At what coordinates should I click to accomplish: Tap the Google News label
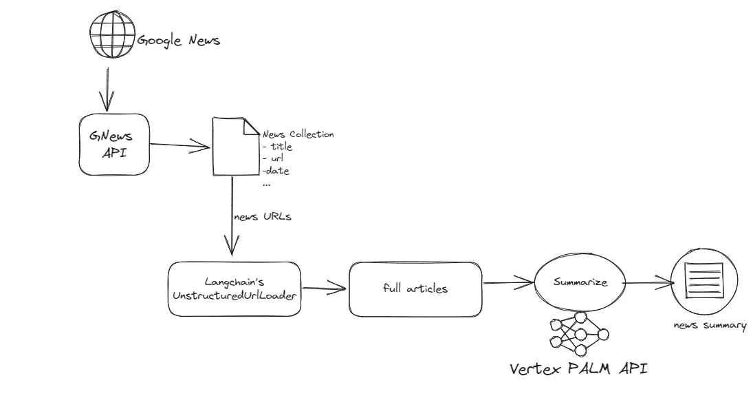178,41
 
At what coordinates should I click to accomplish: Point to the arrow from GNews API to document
179,145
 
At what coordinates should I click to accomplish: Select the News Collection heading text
298,134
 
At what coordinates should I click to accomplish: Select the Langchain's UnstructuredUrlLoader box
234,289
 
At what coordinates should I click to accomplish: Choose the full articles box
415,289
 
